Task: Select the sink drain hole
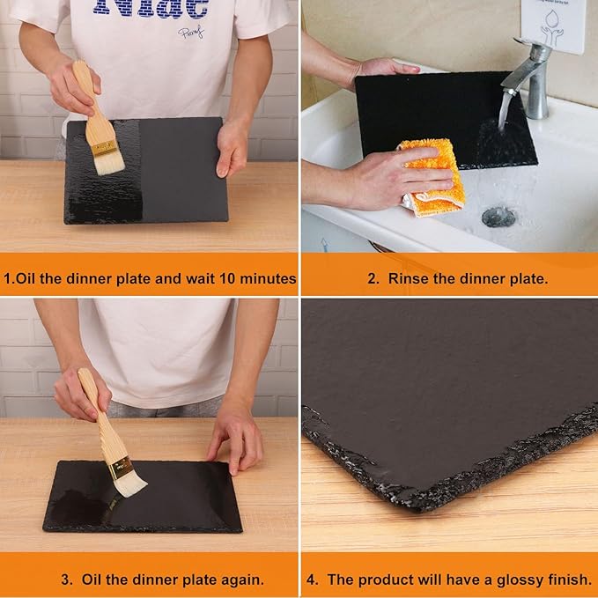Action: [x=498, y=216]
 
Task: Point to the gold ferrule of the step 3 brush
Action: [x=119, y=464]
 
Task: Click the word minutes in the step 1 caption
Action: [x=266, y=278]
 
